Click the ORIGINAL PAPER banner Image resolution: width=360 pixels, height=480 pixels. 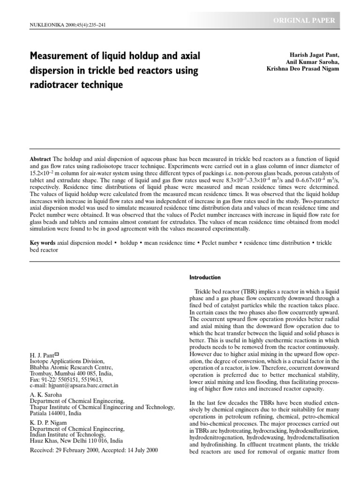307,20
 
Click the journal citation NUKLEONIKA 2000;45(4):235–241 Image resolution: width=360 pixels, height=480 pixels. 68,24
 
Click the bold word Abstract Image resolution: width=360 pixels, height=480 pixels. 41,159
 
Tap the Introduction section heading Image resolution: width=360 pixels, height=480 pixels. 205,277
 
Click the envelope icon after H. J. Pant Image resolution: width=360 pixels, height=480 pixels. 57,354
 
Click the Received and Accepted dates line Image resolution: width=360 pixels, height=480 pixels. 94,450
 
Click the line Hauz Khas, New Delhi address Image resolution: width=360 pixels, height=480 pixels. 76,441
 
